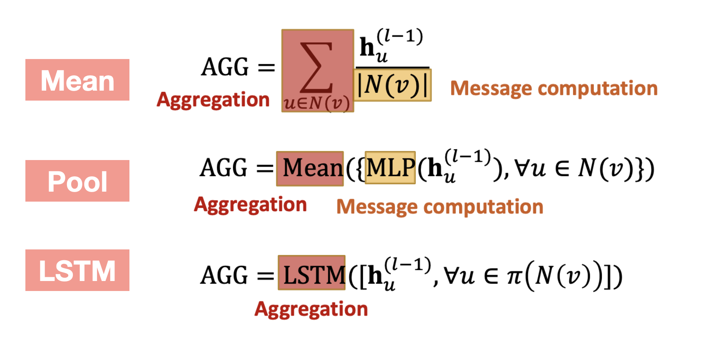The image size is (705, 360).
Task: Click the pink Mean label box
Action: [77, 80]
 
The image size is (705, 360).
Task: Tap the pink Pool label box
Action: [77, 181]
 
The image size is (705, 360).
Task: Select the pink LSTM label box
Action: [77, 270]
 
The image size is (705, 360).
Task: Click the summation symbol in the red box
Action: [317, 67]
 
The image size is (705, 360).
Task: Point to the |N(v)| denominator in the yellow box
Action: [392, 85]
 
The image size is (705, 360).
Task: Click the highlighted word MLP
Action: [390, 168]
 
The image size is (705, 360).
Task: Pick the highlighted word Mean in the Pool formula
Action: [310, 168]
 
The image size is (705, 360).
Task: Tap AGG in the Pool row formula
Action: [223, 168]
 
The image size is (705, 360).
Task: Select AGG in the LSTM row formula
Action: [224, 275]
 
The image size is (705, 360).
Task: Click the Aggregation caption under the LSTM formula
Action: [311, 309]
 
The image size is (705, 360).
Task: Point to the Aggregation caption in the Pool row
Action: [251, 205]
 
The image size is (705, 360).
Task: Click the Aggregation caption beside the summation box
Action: [213, 100]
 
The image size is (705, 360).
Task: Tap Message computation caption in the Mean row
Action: [554, 89]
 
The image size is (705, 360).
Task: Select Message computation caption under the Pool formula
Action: [440, 207]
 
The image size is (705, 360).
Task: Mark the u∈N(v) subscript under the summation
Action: [317, 103]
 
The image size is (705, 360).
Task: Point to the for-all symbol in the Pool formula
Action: [521, 168]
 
